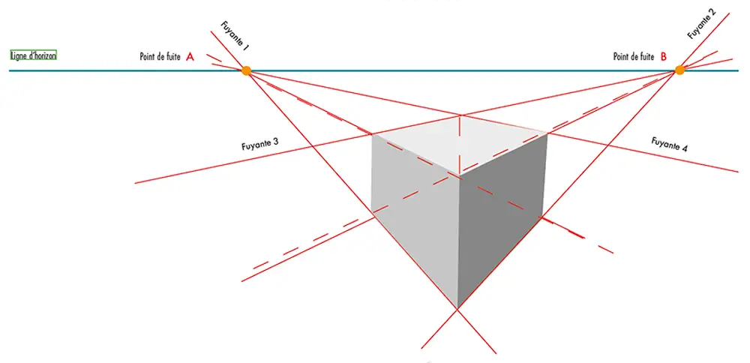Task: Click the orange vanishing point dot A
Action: click(245, 70)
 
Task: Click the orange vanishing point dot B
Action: click(679, 70)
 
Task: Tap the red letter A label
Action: click(190, 56)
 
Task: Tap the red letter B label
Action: click(663, 56)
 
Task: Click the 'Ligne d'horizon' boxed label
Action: click(33, 55)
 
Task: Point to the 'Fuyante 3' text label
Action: click(260, 142)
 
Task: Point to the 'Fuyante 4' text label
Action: click(669, 145)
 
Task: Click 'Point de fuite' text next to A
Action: click(160, 57)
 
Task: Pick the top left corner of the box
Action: click(372, 135)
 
